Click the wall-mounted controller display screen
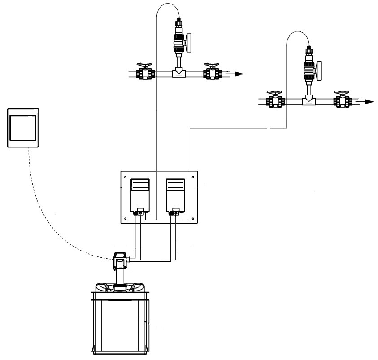pos(23,128)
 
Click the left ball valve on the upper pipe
pos(145,72)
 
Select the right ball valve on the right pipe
pos(342,100)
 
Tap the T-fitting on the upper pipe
pos(179,72)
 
